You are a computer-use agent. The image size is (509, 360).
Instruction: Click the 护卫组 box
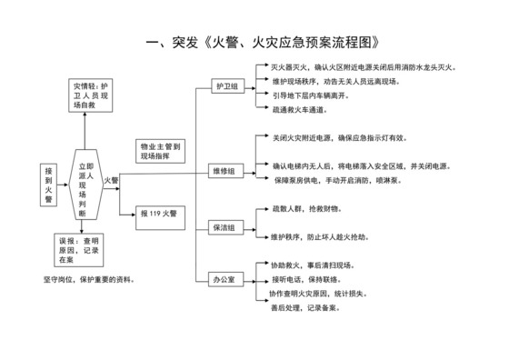pyautogui.click(x=225, y=86)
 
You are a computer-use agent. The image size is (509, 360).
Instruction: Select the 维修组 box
pyautogui.click(x=225, y=171)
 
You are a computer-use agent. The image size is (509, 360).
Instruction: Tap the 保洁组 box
pyautogui.click(x=225, y=227)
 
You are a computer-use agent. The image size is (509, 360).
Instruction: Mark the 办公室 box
pyautogui.click(x=225, y=279)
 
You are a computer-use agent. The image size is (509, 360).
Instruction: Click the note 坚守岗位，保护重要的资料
pyautogui.click(x=94, y=279)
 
